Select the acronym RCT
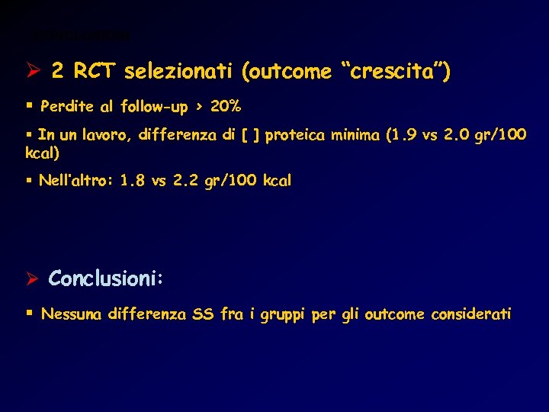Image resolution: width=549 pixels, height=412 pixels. tap(94, 72)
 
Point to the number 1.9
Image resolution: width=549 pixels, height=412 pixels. tap(404, 136)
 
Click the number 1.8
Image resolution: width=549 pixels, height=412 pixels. tap(133, 182)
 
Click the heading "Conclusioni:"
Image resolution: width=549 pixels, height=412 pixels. tap(106, 279)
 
